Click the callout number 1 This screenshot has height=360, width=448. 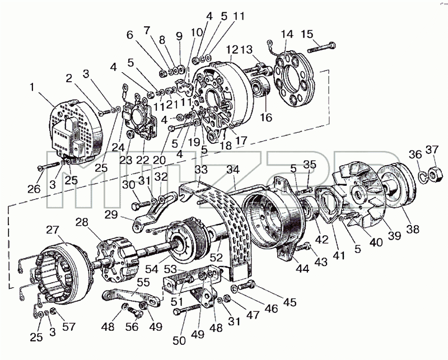click(32, 87)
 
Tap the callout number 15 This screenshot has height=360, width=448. click(307, 34)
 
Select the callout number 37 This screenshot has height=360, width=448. click(432, 149)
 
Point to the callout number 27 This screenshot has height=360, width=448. click(52, 230)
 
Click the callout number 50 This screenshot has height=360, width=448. click(179, 340)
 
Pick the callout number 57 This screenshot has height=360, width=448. click(69, 326)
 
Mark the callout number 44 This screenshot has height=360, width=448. click(302, 268)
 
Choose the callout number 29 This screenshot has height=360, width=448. click(111, 214)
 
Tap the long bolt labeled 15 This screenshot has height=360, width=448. click(321, 48)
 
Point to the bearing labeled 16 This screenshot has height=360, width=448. click(260, 87)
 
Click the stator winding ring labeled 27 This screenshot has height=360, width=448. click(62, 274)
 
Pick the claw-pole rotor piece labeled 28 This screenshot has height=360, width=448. click(118, 259)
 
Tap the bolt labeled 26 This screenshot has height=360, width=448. click(50, 165)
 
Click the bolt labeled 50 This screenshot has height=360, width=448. click(187, 309)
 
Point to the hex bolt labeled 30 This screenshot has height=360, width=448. click(141, 205)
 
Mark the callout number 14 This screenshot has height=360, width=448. click(287, 34)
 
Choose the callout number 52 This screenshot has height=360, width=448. click(216, 258)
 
